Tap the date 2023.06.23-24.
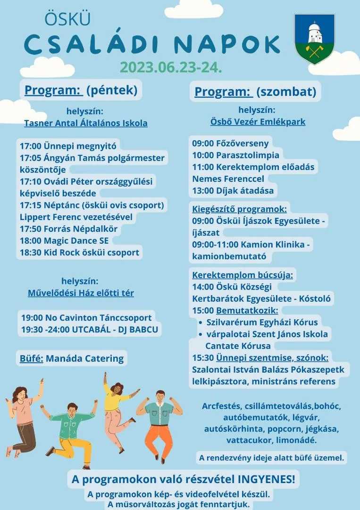(x=171, y=67)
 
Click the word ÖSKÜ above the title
(x=67, y=19)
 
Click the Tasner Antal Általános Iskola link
(x=86, y=123)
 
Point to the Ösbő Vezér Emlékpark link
(x=258, y=122)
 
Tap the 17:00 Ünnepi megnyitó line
(x=68, y=145)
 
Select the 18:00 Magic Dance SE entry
(x=64, y=241)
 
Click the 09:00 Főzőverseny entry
(x=230, y=144)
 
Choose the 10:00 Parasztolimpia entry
(x=236, y=155)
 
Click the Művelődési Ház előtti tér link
(x=81, y=293)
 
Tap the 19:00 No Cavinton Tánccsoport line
(x=86, y=318)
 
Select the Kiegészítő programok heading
(x=239, y=209)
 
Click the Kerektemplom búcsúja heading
(x=243, y=275)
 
